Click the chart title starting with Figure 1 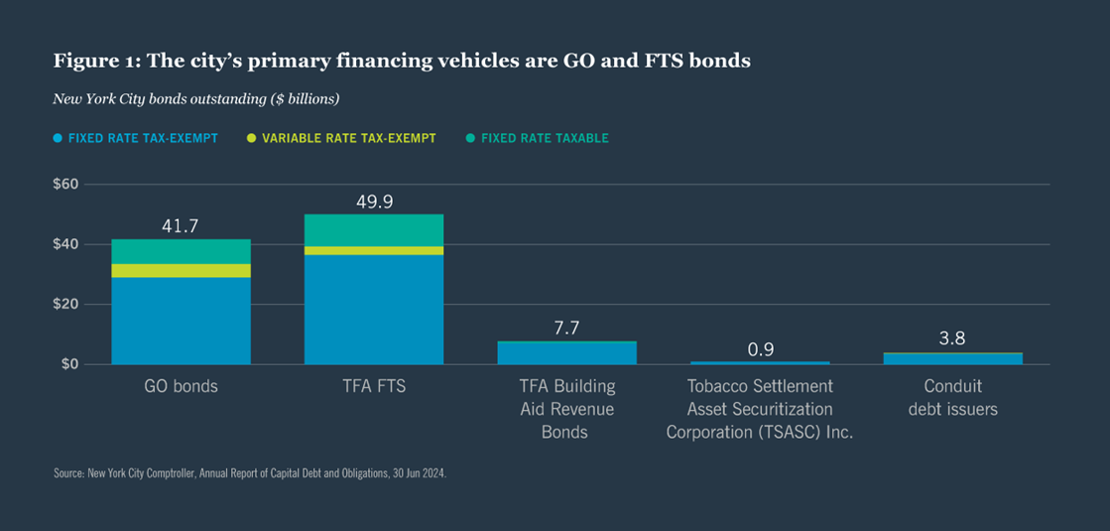(402, 62)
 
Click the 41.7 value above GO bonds (181, 226)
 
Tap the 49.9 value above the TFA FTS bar (374, 201)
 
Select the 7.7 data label (566, 329)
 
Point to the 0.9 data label (760, 348)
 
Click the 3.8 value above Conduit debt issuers (952, 339)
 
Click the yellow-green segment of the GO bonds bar (181, 270)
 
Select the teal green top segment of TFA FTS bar (374, 229)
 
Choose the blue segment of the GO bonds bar (181, 321)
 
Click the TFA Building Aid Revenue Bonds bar (566, 352)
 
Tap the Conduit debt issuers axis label (952, 397)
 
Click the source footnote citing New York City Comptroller (250, 474)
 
